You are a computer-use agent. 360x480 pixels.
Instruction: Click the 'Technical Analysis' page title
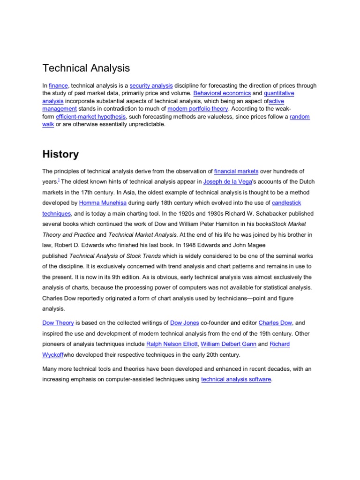point(86,68)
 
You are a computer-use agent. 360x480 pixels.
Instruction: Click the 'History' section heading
point(60,154)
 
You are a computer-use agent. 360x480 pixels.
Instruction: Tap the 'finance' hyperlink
point(59,86)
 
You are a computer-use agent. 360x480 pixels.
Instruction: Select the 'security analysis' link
point(151,86)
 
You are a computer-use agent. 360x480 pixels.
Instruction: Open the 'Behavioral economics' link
point(222,94)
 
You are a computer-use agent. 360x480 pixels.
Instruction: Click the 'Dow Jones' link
point(185,323)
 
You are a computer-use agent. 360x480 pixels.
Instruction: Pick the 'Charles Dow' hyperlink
point(275,323)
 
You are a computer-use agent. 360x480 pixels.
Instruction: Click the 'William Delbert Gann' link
point(228,344)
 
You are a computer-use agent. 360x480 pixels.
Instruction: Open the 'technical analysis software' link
point(236,379)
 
